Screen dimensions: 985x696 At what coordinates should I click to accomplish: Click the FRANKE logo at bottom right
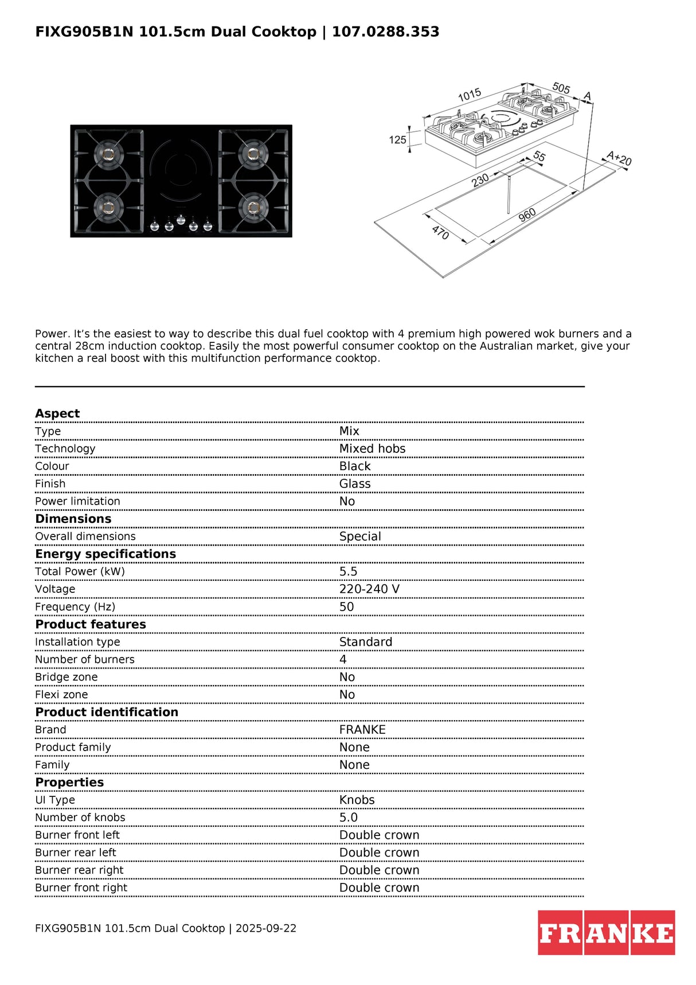click(x=606, y=932)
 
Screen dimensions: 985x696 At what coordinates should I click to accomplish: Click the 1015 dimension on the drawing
click(x=470, y=95)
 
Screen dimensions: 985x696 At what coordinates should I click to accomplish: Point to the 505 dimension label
click(x=561, y=88)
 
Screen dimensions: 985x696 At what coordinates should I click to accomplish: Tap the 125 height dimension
click(x=397, y=140)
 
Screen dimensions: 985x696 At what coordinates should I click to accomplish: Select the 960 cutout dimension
click(x=527, y=216)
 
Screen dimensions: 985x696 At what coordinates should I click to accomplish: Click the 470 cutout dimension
click(x=440, y=232)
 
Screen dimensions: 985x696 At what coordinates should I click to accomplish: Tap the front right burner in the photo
click(x=253, y=208)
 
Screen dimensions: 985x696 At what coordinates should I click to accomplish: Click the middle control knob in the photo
click(x=181, y=220)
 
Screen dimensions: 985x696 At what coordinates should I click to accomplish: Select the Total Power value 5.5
click(x=348, y=572)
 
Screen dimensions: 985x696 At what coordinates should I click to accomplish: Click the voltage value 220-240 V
click(x=369, y=589)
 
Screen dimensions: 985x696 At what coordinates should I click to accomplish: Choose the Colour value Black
click(x=355, y=466)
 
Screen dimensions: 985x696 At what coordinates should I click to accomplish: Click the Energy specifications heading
click(x=105, y=554)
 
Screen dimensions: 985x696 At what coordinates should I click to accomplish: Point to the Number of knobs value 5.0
click(x=348, y=818)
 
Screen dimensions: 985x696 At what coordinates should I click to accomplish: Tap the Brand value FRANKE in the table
click(x=362, y=730)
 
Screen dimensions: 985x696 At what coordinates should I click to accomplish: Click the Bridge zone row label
click(x=66, y=677)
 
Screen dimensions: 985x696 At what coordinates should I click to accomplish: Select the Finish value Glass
click(x=355, y=484)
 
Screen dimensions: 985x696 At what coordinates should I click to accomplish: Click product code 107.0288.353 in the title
click(x=385, y=32)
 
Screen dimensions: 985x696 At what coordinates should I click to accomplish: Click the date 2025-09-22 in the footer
click(x=266, y=928)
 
